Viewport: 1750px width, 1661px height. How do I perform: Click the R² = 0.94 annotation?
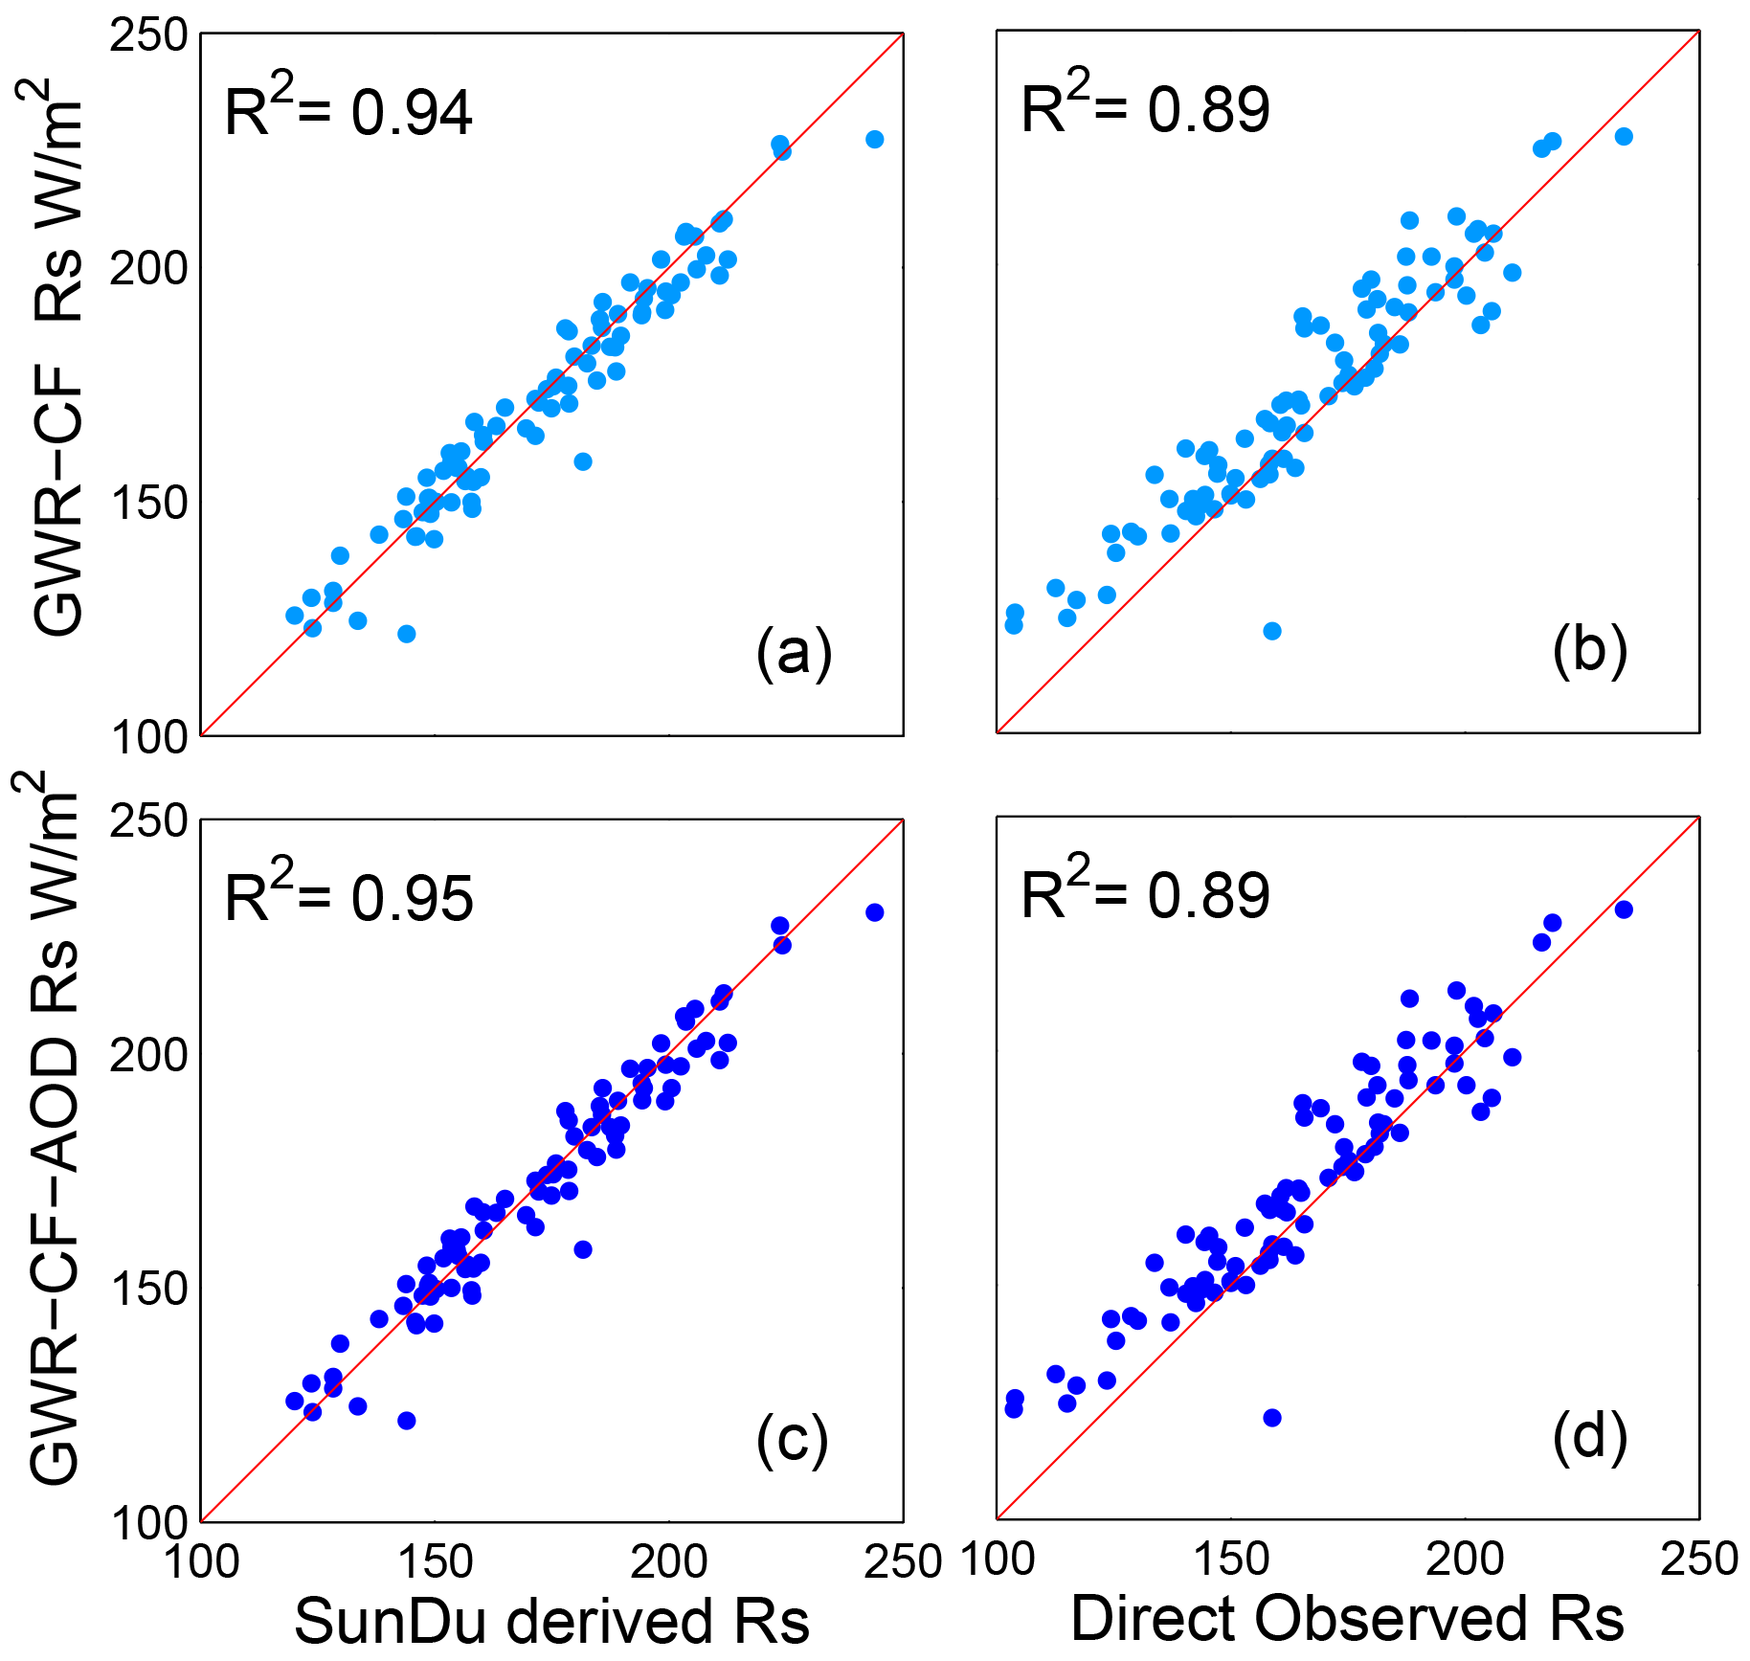[348, 111]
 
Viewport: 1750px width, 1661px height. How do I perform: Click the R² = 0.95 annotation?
[348, 898]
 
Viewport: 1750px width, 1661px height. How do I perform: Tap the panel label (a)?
[794, 654]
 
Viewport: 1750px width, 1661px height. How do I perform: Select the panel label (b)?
[1589, 651]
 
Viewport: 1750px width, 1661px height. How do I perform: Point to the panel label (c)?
[792, 1439]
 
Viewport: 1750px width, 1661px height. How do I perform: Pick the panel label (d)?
[1589, 1437]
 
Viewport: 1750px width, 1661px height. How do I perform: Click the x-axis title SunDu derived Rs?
[551, 1620]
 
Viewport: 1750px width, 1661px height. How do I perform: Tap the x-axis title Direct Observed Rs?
[1347, 1618]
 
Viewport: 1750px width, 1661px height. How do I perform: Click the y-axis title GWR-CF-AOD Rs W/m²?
[53, 1130]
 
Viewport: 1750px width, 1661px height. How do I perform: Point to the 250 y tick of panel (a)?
[147, 36]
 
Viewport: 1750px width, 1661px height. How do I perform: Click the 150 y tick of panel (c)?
[147, 1289]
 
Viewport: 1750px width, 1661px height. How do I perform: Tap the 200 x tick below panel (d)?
[1465, 1560]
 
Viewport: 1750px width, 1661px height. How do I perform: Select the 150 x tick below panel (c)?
[436, 1562]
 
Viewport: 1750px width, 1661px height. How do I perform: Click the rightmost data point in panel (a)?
[874, 140]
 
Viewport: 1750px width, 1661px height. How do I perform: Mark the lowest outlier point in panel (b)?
[1271, 631]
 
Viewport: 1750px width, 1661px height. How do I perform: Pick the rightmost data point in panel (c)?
[874, 912]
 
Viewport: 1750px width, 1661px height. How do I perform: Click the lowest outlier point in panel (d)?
[1271, 1418]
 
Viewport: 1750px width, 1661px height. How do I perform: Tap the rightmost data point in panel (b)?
[1624, 137]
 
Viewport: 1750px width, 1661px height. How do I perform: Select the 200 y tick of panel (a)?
[147, 270]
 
